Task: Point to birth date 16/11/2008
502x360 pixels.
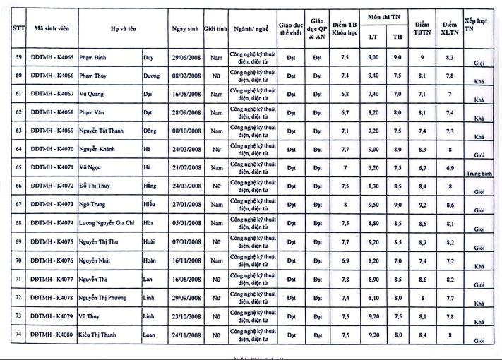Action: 186,260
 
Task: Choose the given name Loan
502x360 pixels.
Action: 150,335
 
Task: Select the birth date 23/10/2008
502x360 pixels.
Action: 186,316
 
